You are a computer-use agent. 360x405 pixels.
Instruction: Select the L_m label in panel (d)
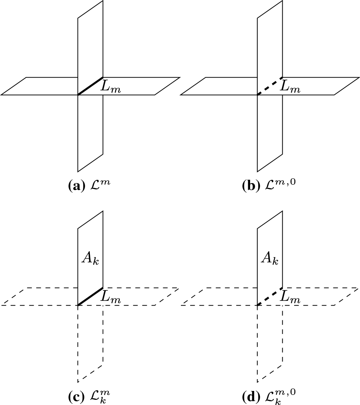click(290, 298)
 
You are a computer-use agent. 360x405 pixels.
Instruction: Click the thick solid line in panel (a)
click(90, 86)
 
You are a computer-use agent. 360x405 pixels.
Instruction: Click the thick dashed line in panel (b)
click(270, 86)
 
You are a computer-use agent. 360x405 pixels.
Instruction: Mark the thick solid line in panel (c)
click(90, 296)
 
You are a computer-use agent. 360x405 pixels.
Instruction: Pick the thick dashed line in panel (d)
click(270, 296)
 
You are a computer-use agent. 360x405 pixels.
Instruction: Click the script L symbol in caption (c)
click(95, 396)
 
